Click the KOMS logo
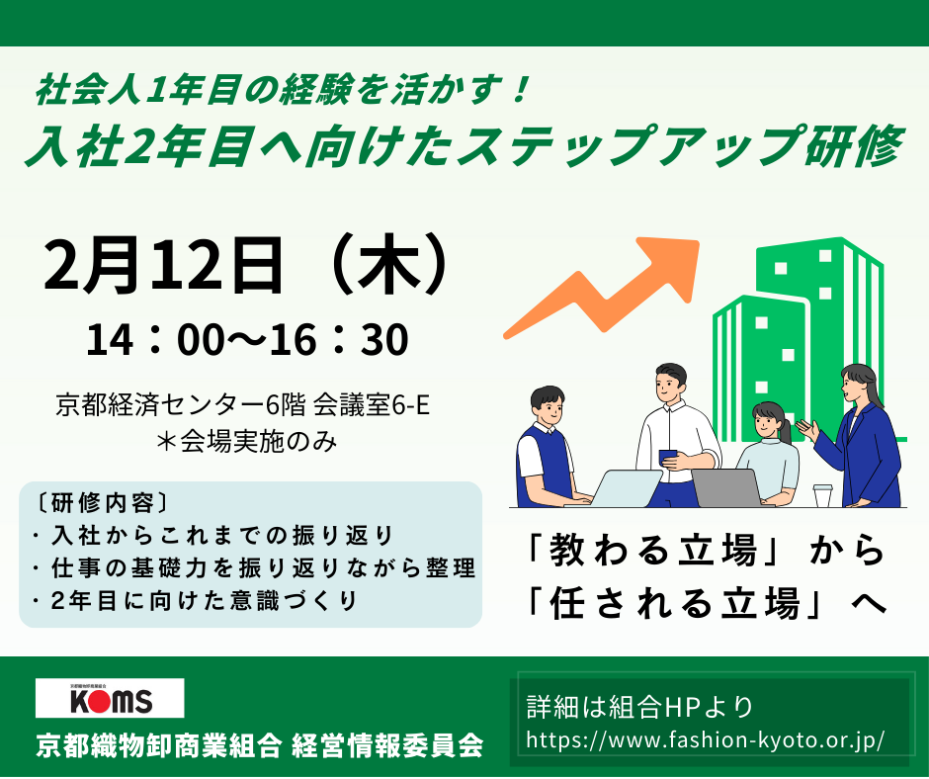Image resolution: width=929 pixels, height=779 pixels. pos(109,698)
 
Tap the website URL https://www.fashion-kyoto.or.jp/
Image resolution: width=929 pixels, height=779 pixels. pos(706,739)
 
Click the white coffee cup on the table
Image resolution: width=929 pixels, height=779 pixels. pos(822,494)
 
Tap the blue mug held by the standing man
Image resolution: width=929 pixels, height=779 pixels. pos(669,457)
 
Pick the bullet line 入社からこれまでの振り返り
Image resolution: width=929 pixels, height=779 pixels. pos(212,535)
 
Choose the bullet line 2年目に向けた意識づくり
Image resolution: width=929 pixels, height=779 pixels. pos(194,600)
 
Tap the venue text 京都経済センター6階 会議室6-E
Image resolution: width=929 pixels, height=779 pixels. pos(243,404)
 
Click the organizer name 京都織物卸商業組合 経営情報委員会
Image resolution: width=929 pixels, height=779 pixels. pos(259,744)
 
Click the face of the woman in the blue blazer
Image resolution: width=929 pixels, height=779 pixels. pos(854,385)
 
